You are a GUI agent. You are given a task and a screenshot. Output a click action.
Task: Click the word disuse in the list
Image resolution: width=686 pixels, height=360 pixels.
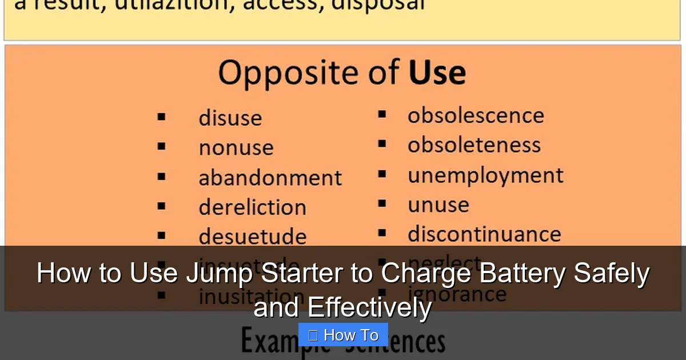click(x=230, y=118)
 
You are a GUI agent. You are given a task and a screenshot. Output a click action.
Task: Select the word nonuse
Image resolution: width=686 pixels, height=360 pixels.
click(x=236, y=148)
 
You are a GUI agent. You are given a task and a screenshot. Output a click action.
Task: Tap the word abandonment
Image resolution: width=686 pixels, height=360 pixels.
click(x=270, y=178)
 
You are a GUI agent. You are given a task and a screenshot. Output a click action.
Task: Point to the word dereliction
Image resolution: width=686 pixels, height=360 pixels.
click(x=252, y=207)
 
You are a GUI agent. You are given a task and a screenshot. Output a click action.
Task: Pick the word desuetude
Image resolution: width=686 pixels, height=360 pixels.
click(x=252, y=237)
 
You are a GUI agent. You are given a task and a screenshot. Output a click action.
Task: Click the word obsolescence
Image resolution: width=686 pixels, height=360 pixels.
click(x=476, y=115)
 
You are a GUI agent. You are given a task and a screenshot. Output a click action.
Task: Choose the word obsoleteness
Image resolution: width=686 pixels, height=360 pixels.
click(x=474, y=145)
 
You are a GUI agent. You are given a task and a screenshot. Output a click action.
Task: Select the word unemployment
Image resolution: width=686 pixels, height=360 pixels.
click(x=485, y=175)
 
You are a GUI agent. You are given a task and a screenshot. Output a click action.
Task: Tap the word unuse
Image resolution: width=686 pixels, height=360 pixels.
click(x=438, y=205)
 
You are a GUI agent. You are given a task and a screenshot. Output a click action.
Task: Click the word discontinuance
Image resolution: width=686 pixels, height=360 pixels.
click(x=484, y=234)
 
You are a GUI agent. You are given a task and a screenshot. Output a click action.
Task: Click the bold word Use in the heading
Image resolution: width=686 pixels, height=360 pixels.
click(x=437, y=73)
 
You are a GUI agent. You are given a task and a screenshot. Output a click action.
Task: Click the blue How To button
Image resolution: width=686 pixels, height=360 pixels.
click(x=343, y=335)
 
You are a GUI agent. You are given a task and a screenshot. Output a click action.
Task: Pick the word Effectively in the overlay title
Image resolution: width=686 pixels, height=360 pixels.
click(x=369, y=307)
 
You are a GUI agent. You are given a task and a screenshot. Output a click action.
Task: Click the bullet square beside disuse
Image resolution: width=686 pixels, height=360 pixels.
click(x=162, y=117)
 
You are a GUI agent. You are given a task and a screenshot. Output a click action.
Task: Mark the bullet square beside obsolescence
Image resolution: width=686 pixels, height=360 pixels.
click(x=382, y=115)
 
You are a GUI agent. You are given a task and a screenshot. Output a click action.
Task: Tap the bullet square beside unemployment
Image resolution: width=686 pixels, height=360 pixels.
click(x=382, y=174)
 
